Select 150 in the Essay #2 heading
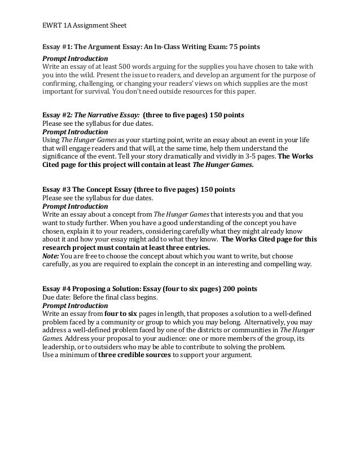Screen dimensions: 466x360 click(217, 113)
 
